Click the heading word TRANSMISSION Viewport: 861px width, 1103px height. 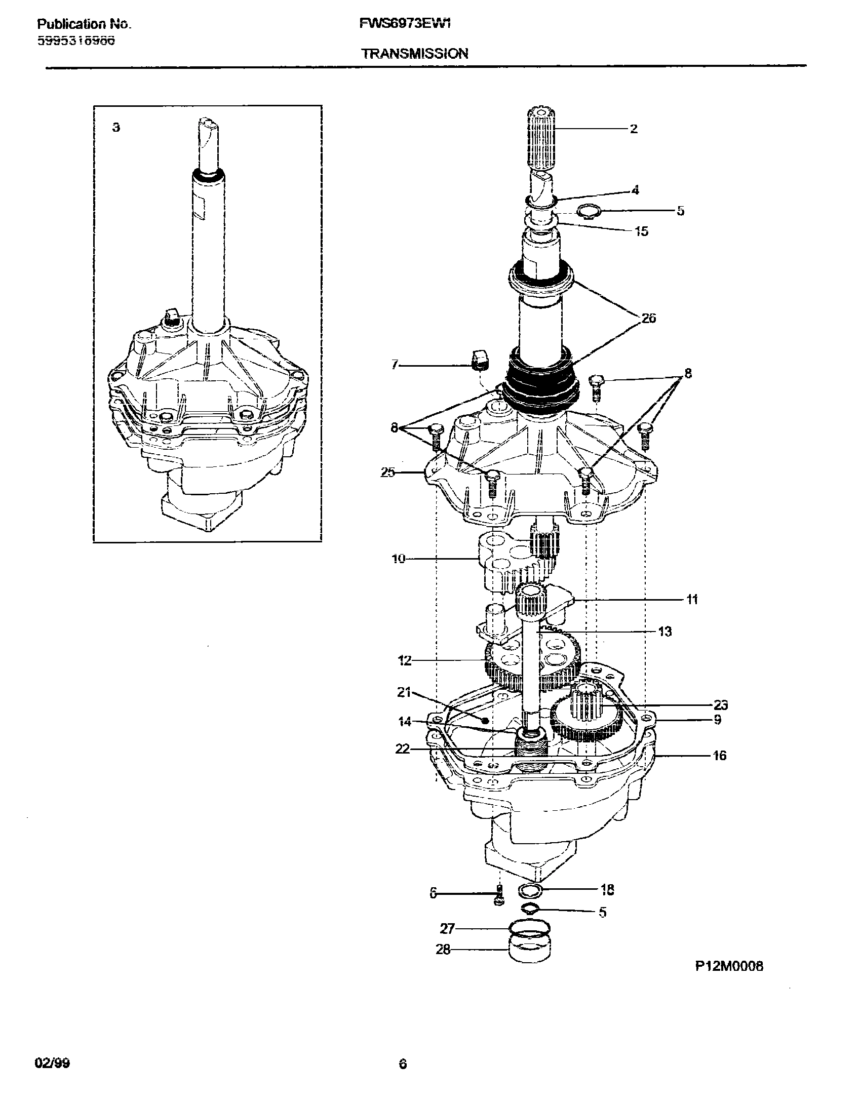414,54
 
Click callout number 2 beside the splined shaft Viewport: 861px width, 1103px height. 634,129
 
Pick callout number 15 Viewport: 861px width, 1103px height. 641,231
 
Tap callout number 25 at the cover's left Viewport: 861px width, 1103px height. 388,473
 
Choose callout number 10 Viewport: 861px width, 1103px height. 399,560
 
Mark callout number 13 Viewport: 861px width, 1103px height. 664,632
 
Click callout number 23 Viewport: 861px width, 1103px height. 720,705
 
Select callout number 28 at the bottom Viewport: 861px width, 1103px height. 443,950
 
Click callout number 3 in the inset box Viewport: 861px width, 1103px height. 116,128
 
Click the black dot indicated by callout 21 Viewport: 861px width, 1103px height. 485,720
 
